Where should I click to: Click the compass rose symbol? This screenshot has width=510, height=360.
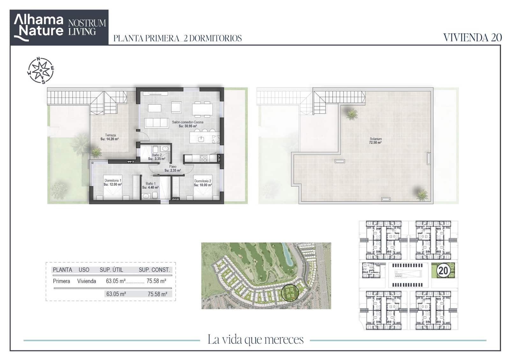(x=40, y=70)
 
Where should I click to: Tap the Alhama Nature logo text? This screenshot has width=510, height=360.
(x=39, y=26)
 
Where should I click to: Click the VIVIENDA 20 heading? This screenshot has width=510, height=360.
(x=472, y=38)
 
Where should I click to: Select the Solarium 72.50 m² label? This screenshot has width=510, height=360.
(x=375, y=140)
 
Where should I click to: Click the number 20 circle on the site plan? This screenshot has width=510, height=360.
(x=443, y=270)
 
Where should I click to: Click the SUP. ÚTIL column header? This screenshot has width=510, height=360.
(x=111, y=270)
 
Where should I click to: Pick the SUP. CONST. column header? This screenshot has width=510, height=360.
(x=154, y=270)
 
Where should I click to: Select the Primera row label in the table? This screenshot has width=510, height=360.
(x=61, y=281)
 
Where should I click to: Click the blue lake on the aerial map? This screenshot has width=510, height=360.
(x=288, y=255)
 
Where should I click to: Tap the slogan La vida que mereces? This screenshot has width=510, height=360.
(x=255, y=340)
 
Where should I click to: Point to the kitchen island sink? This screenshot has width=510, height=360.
(x=200, y=139)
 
